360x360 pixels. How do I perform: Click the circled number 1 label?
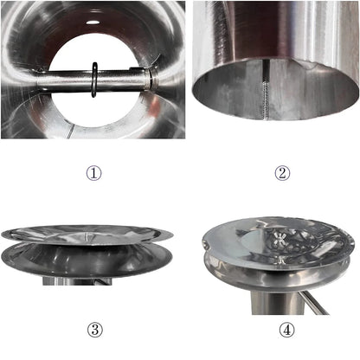(x=93, y=172)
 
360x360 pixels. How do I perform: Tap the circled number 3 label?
(x=93, y=330)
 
